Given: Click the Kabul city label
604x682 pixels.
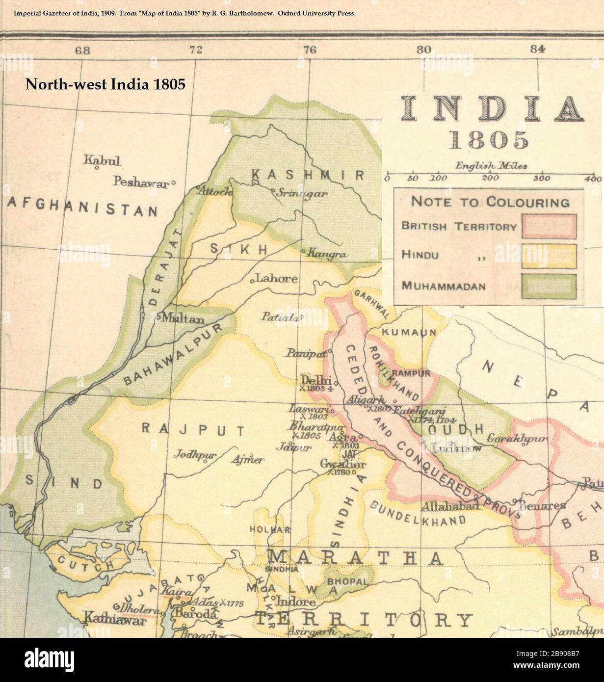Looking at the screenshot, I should click(102, 160).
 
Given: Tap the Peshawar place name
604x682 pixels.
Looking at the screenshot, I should click(141, 182).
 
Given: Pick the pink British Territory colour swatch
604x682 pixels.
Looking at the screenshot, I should click(549, 226).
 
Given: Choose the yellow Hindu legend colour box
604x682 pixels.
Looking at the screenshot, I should click(549, 256).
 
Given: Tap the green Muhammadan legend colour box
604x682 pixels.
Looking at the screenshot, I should click(549, 286).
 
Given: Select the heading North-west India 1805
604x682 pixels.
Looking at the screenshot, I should click(105, 84).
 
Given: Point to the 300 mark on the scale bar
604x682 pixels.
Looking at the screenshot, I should click(541, 178).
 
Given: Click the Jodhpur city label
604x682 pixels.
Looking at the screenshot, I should click(195, 454).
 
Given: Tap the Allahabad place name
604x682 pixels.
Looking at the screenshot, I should click(450, 506).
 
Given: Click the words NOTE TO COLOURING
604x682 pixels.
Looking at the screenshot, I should click(490, 202).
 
